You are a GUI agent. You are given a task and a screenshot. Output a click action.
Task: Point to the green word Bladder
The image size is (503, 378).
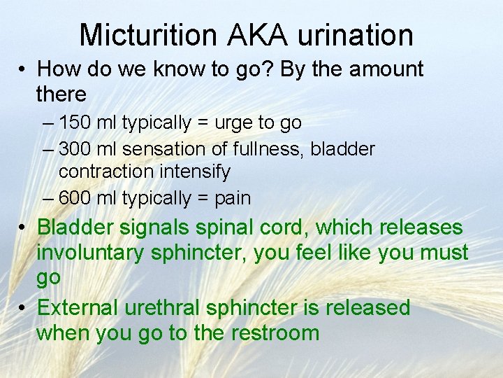[75, 227]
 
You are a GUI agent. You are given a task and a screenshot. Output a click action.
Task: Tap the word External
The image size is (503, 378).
[78, 308]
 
